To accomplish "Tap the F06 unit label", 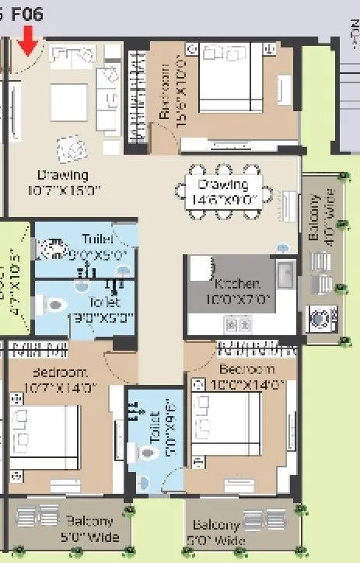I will (x=27, y=13).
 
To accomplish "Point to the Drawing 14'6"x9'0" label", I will (x=223, y=191).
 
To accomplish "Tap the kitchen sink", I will (x=285, y=275).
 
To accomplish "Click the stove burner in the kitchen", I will (x=232, y=321).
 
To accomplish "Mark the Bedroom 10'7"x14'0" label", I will (x=61, y=378).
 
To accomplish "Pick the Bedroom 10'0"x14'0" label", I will (x=246, y=376).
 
